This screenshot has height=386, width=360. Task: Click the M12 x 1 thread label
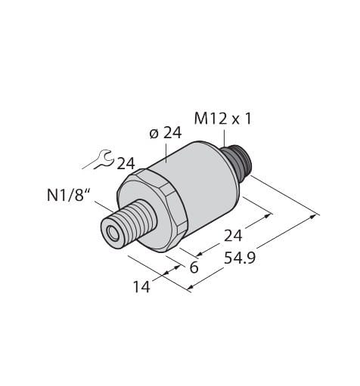[223, 119]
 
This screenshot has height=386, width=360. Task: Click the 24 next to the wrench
[126, 164]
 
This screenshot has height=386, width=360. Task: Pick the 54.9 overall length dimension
[240, 258]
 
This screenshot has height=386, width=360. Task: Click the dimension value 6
[194, 267]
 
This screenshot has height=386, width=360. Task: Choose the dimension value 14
[141, 286]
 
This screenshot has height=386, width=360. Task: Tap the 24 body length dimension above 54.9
[233, 236]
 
